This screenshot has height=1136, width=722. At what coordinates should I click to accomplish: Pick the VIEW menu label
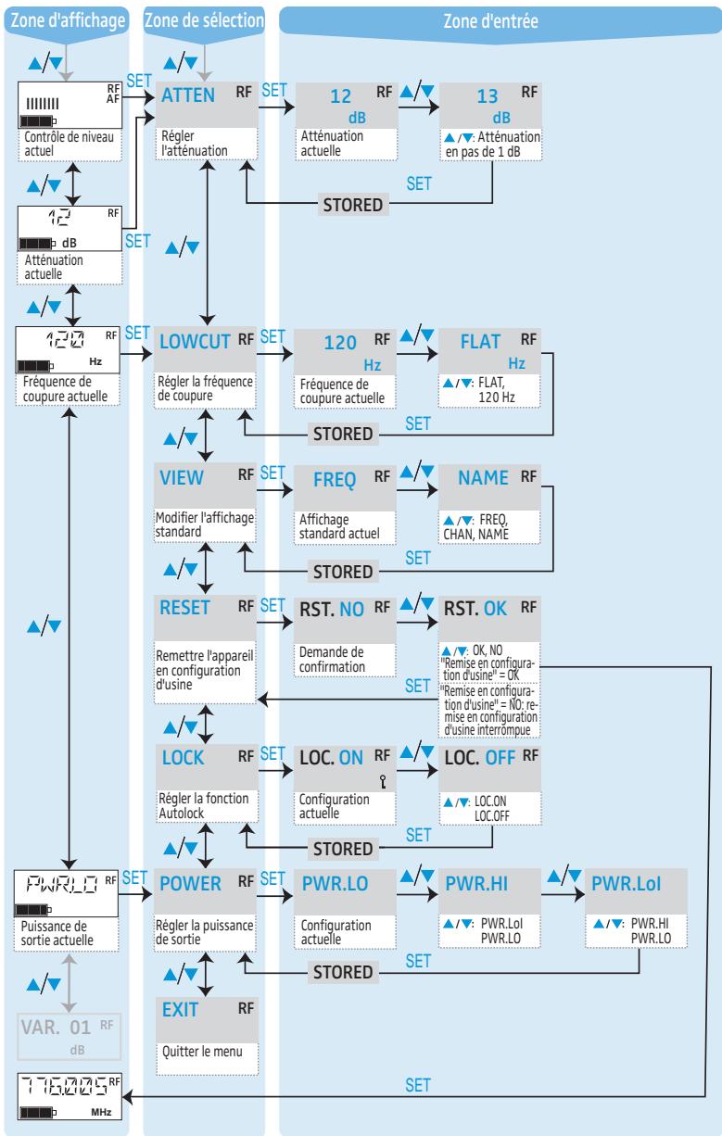pos(178,473)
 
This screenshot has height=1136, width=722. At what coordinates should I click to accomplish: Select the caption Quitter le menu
pos(203,1056)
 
